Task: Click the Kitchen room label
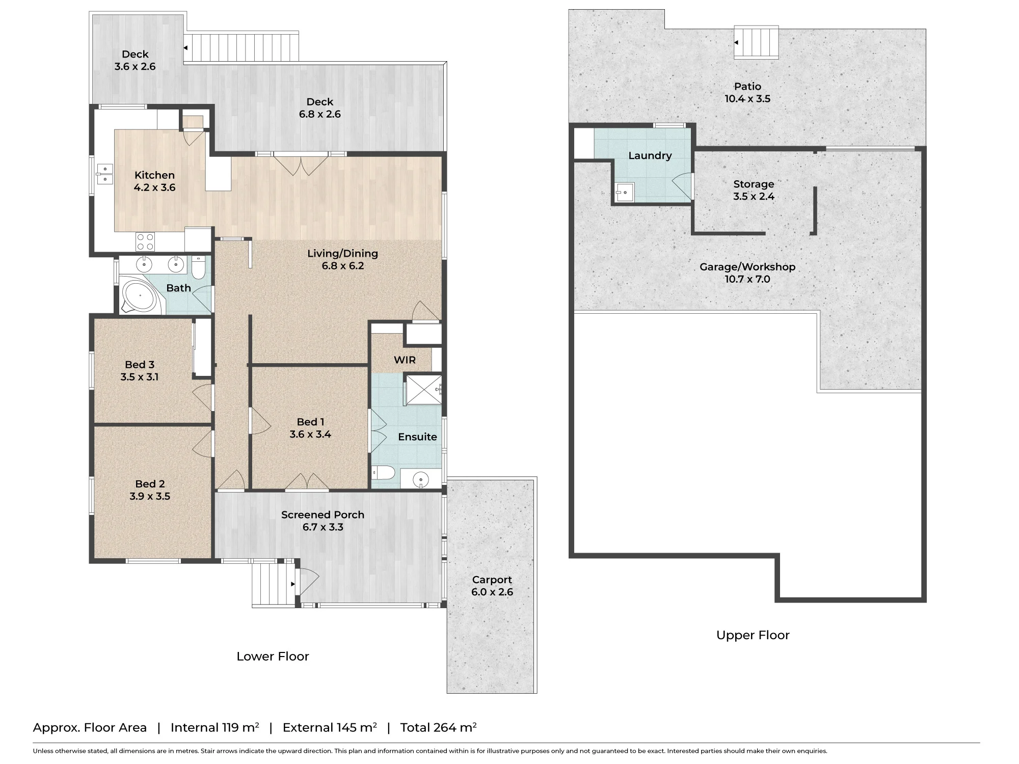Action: pos(154,175)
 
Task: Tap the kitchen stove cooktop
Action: pos(145,241)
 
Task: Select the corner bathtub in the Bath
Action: pos(141,295)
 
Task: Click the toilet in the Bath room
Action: pos(199,267)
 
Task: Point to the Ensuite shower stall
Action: pos(423,390)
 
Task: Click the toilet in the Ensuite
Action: pos(384,473)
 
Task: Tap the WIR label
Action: pos(405,360)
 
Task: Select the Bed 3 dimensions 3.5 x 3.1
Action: pos(139,377)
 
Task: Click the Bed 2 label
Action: pos(150,484)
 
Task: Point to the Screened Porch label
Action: pos(323,514)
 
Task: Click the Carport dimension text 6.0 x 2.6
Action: pos(492,592)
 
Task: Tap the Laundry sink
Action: pos(625,192)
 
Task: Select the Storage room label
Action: pos(754,184)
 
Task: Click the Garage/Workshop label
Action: pos(747,266)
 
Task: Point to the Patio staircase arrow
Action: pos(736,43)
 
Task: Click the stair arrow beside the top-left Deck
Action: pos(185,48)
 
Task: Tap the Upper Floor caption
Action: pos(753,635)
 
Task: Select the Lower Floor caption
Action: pos(273,657)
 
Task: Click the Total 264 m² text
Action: pos(438,727)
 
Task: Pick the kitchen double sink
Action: pos(104,174)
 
